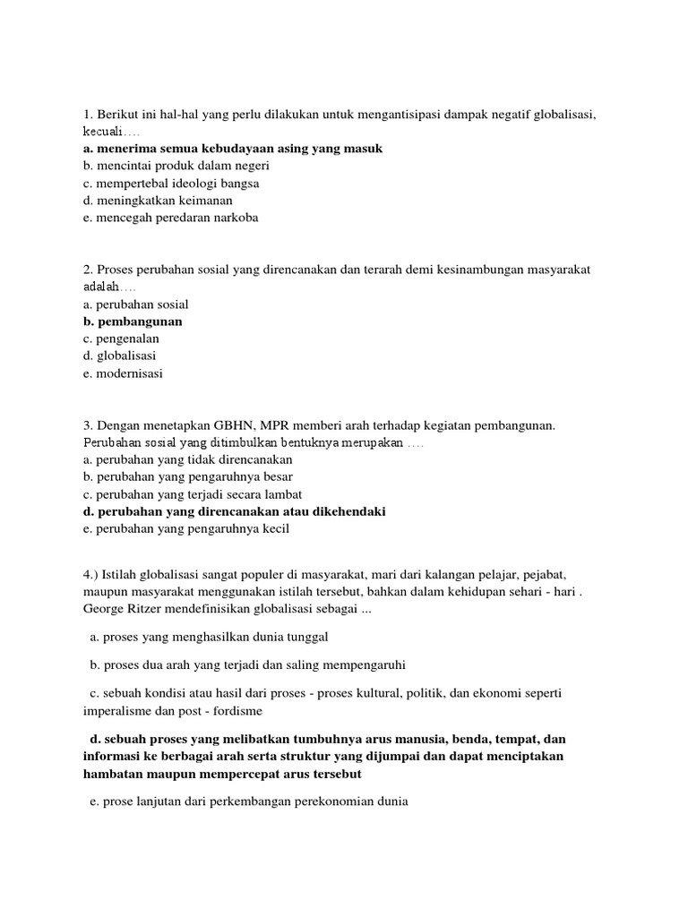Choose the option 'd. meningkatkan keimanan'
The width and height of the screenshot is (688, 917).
click(x=150, y=201)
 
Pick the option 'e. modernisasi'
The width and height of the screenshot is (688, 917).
click(x=122, y=373)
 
